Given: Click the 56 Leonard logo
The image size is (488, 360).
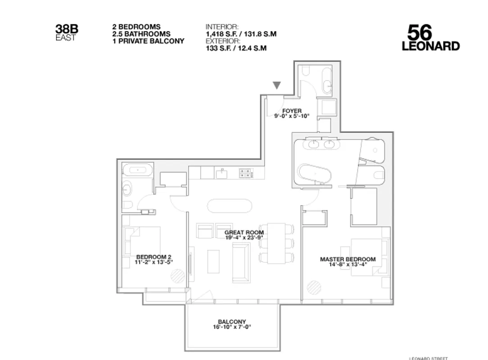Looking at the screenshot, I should tap(430, 38).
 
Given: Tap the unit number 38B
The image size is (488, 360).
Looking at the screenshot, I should tap(67, 29).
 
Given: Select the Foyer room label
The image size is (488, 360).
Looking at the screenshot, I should tap(292, 111).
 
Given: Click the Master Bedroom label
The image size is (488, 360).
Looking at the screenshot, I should tap(348, 259).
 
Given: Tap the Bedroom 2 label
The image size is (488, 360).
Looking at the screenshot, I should tap(154, 257).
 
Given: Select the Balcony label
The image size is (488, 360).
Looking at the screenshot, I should tap(232, 322).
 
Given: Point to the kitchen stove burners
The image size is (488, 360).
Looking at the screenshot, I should tap(245, 172).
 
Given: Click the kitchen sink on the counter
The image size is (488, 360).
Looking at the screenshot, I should tap(221, 172).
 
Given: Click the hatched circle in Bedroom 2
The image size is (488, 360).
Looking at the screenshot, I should tap(178, 276).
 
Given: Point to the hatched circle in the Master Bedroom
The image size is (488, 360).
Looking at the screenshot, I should tap(314, 287).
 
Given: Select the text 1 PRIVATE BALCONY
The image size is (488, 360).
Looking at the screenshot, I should tap(148, 41).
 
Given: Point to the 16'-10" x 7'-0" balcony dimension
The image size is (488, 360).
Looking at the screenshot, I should tap(232, 327).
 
